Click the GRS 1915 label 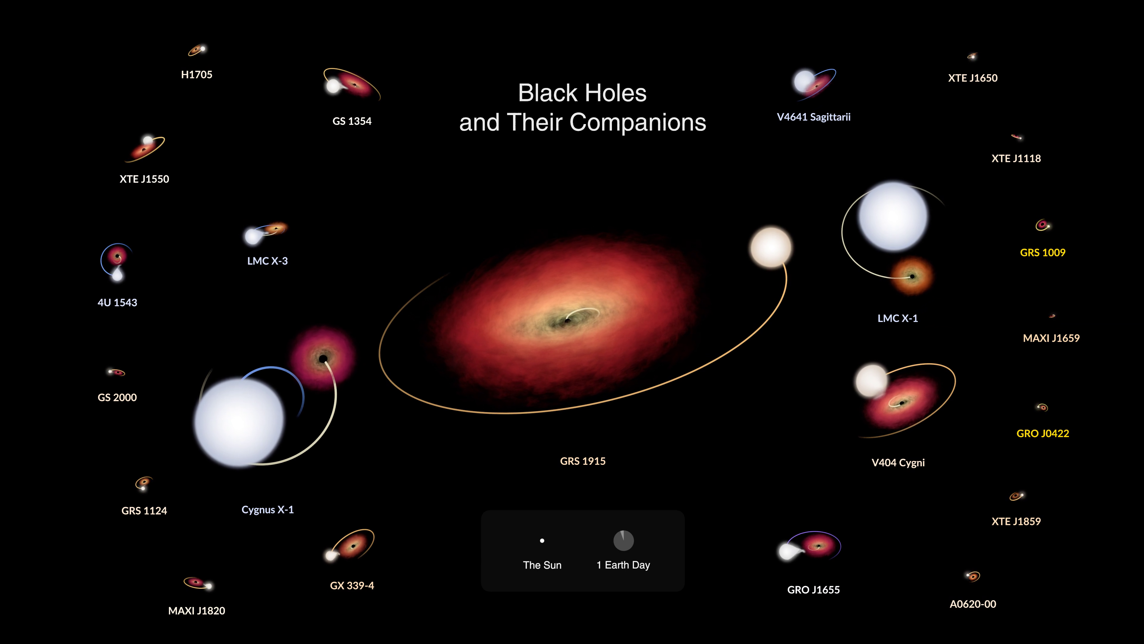[583, 461]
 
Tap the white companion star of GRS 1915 [771, 247]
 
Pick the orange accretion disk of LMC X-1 [912, 276]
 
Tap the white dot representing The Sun [542, 541]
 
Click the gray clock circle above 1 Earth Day [624, 541]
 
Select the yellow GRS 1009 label [1042, 253]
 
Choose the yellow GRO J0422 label [1042, 433]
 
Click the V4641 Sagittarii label [814, 117]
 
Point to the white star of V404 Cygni [871, 380]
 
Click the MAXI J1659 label [1051, 338]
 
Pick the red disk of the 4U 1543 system [117, 256]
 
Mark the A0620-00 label [973, 604]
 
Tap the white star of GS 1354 [333, 86]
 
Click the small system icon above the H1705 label [197, 50]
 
